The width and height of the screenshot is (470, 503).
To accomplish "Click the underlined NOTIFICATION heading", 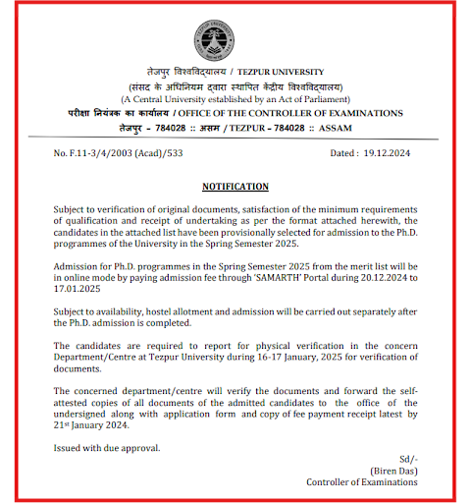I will [235, 186].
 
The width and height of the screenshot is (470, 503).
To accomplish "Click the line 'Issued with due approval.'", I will [108, 448].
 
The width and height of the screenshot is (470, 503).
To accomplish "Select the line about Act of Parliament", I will [235, 99].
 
